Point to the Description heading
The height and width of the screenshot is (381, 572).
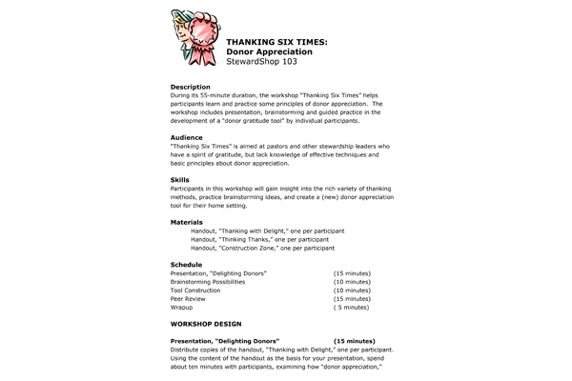(191, 87)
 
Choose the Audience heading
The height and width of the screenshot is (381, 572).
(188, 137)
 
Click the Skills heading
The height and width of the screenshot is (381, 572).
(179, 179)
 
